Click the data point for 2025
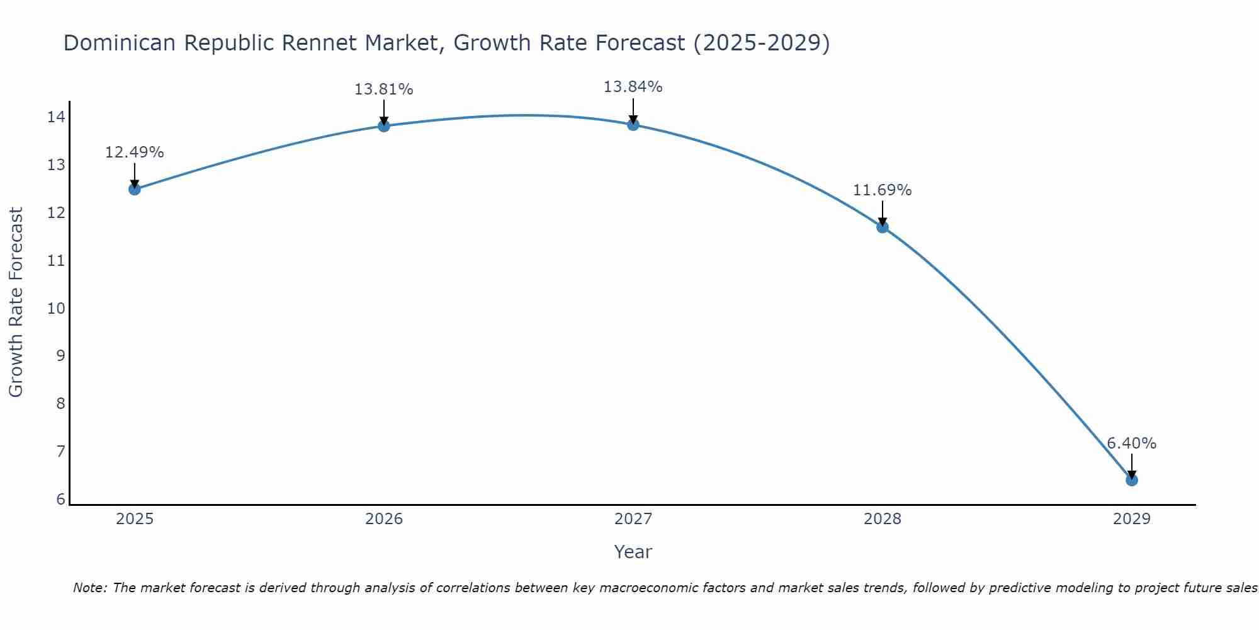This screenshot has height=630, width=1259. point(135,189)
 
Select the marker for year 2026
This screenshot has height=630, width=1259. point(384,125)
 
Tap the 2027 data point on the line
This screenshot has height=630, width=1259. point(633,124)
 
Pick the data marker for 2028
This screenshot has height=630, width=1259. point(883,227)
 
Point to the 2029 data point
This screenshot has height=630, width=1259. point(1132,480)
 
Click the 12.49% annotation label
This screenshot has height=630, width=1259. point(135,152)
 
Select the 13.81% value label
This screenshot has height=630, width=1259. point(384,89)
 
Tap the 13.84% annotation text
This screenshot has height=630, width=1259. point(633,87)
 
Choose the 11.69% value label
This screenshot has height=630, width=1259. point(883,190)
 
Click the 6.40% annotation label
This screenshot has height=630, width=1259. point(1132,444)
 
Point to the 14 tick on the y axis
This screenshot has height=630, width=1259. point(57,117)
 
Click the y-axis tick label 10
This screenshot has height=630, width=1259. point(57,308)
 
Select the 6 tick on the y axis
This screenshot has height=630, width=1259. point(60,500)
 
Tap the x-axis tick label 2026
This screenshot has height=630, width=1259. point(384,519)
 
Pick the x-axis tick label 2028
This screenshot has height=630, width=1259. point(883,519)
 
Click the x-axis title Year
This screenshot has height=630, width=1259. point(633,552)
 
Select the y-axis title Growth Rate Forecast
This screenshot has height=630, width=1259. point(16,302)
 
